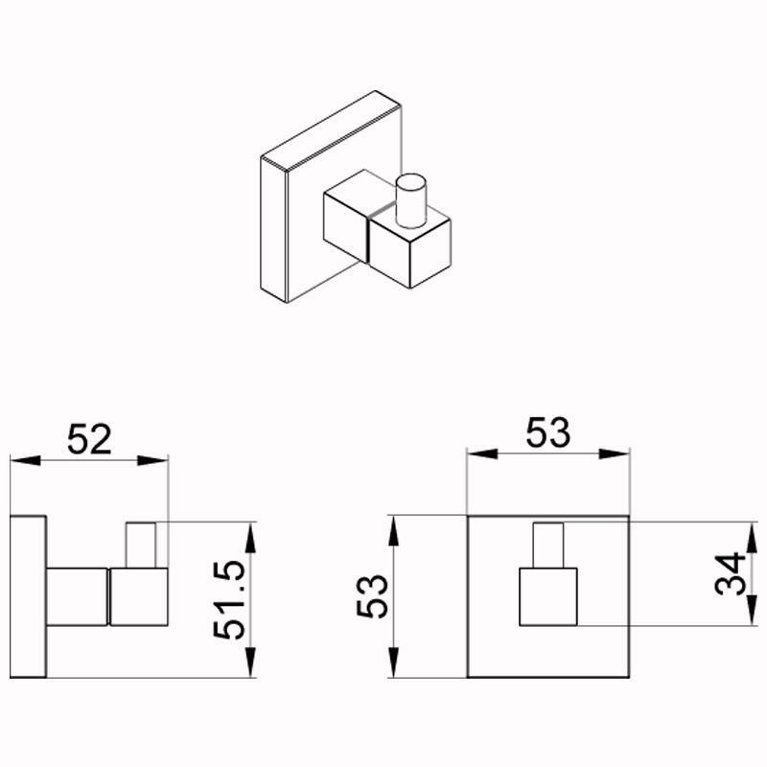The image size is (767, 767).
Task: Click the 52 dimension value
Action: [x=90, y=439]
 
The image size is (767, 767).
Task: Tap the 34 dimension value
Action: [x=731, y=574]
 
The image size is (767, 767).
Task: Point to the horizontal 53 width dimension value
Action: [x=548, y=432]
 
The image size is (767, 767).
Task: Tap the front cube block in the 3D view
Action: [x=409, y=251]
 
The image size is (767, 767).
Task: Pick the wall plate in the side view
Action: [x=29, y=597]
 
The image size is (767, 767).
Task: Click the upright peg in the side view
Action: [x=142, y=545]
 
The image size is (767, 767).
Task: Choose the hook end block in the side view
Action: [x=139, y=596]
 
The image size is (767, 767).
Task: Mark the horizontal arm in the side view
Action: [x=77, y=596]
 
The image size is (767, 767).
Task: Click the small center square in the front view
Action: [x=548, y=596]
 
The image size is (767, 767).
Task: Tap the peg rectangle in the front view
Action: [x=548, y=546]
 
